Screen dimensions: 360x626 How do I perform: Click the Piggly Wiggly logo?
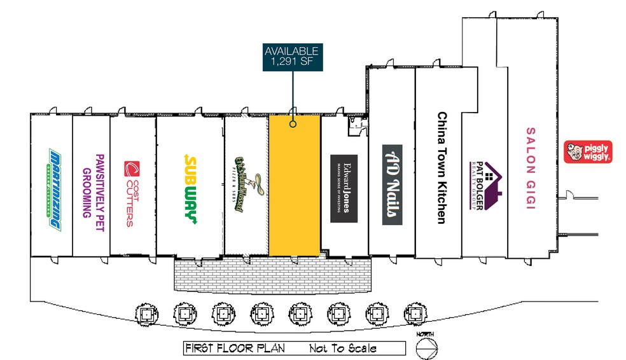(x=588, y=151)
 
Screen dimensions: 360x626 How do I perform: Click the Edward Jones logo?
(x=344, y=188)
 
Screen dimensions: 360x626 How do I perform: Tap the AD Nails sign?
(x=392, y=184)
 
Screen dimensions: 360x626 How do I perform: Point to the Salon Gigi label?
(x=531, y=168)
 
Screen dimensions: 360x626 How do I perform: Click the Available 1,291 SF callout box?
(x=292, y=57)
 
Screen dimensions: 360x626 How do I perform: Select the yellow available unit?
(x=293, y=191)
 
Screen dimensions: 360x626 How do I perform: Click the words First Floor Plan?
(x=233, y=349)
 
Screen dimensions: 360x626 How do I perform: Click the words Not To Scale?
(x=342, y=349)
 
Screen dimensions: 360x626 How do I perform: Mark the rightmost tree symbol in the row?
(x=414, y=313)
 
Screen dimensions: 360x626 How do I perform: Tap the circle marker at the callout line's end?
(x=293, y=124)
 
